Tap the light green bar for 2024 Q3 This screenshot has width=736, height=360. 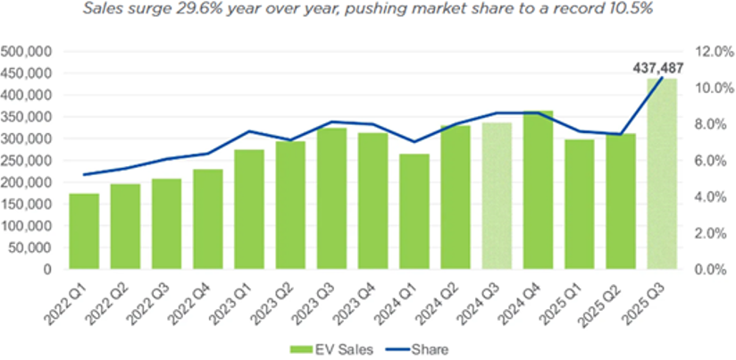tap(497, 196)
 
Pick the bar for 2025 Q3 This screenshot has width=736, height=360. tap(662, 173)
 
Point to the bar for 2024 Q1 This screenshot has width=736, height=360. tap(414, 211)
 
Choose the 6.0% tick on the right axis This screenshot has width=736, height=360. tap(708, 161)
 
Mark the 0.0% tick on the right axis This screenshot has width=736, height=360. tap(708, 269)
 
